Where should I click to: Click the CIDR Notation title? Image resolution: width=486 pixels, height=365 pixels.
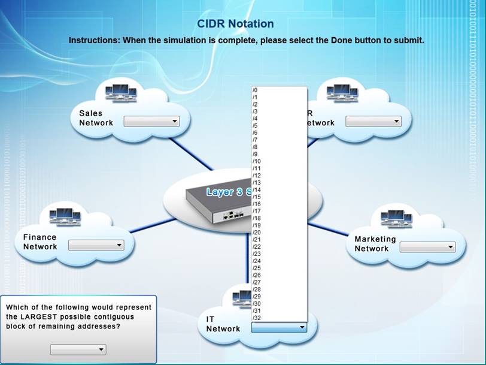(235, 24)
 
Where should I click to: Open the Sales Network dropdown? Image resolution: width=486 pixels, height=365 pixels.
(151, 122)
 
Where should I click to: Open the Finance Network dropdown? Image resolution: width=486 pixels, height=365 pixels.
(96, 245)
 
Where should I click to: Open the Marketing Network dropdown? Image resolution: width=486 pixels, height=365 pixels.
(427, 247)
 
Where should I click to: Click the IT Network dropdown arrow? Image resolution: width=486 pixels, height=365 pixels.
(302, 328)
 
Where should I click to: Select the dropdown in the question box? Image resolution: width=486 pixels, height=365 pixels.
(78, 349)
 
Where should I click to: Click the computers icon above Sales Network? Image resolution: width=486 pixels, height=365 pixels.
(120, 93)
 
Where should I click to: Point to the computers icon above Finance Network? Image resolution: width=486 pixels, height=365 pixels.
(65, 216)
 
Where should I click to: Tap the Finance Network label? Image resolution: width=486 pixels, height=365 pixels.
(40, 242)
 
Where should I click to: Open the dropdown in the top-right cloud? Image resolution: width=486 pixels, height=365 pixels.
(373, 122)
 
